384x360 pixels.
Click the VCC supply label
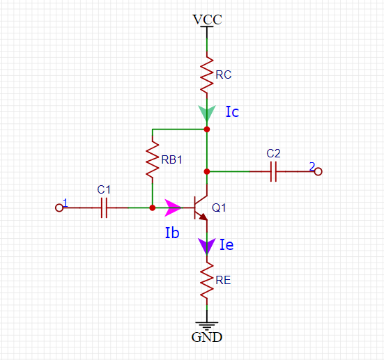(x=207, y=19)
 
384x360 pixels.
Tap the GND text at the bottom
(x=207, y=337)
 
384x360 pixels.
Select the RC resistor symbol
(x=207, y=75)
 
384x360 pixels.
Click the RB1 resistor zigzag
(x=153, y=159)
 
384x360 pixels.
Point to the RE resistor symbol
(x=207, y=280)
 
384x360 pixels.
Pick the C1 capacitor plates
(x=104, y=208)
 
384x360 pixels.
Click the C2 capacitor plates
(x=274, y=171)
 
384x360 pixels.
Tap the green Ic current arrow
(x=207, y=114)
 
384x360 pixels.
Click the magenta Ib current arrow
(x=174, y=208)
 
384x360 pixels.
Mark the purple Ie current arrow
(x=207, y=246)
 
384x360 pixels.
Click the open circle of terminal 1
(x=59, y=208)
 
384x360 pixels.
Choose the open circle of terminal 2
(x=318, y=171)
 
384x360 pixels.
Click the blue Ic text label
(x=232, y=111)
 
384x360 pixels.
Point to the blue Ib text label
(x=172, y=233)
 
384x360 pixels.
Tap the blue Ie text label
(x=226, y=244)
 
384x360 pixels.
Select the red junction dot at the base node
(x=153, y=208)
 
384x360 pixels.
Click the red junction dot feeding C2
(x=207, y=171)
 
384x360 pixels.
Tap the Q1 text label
(x=219, y=208)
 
